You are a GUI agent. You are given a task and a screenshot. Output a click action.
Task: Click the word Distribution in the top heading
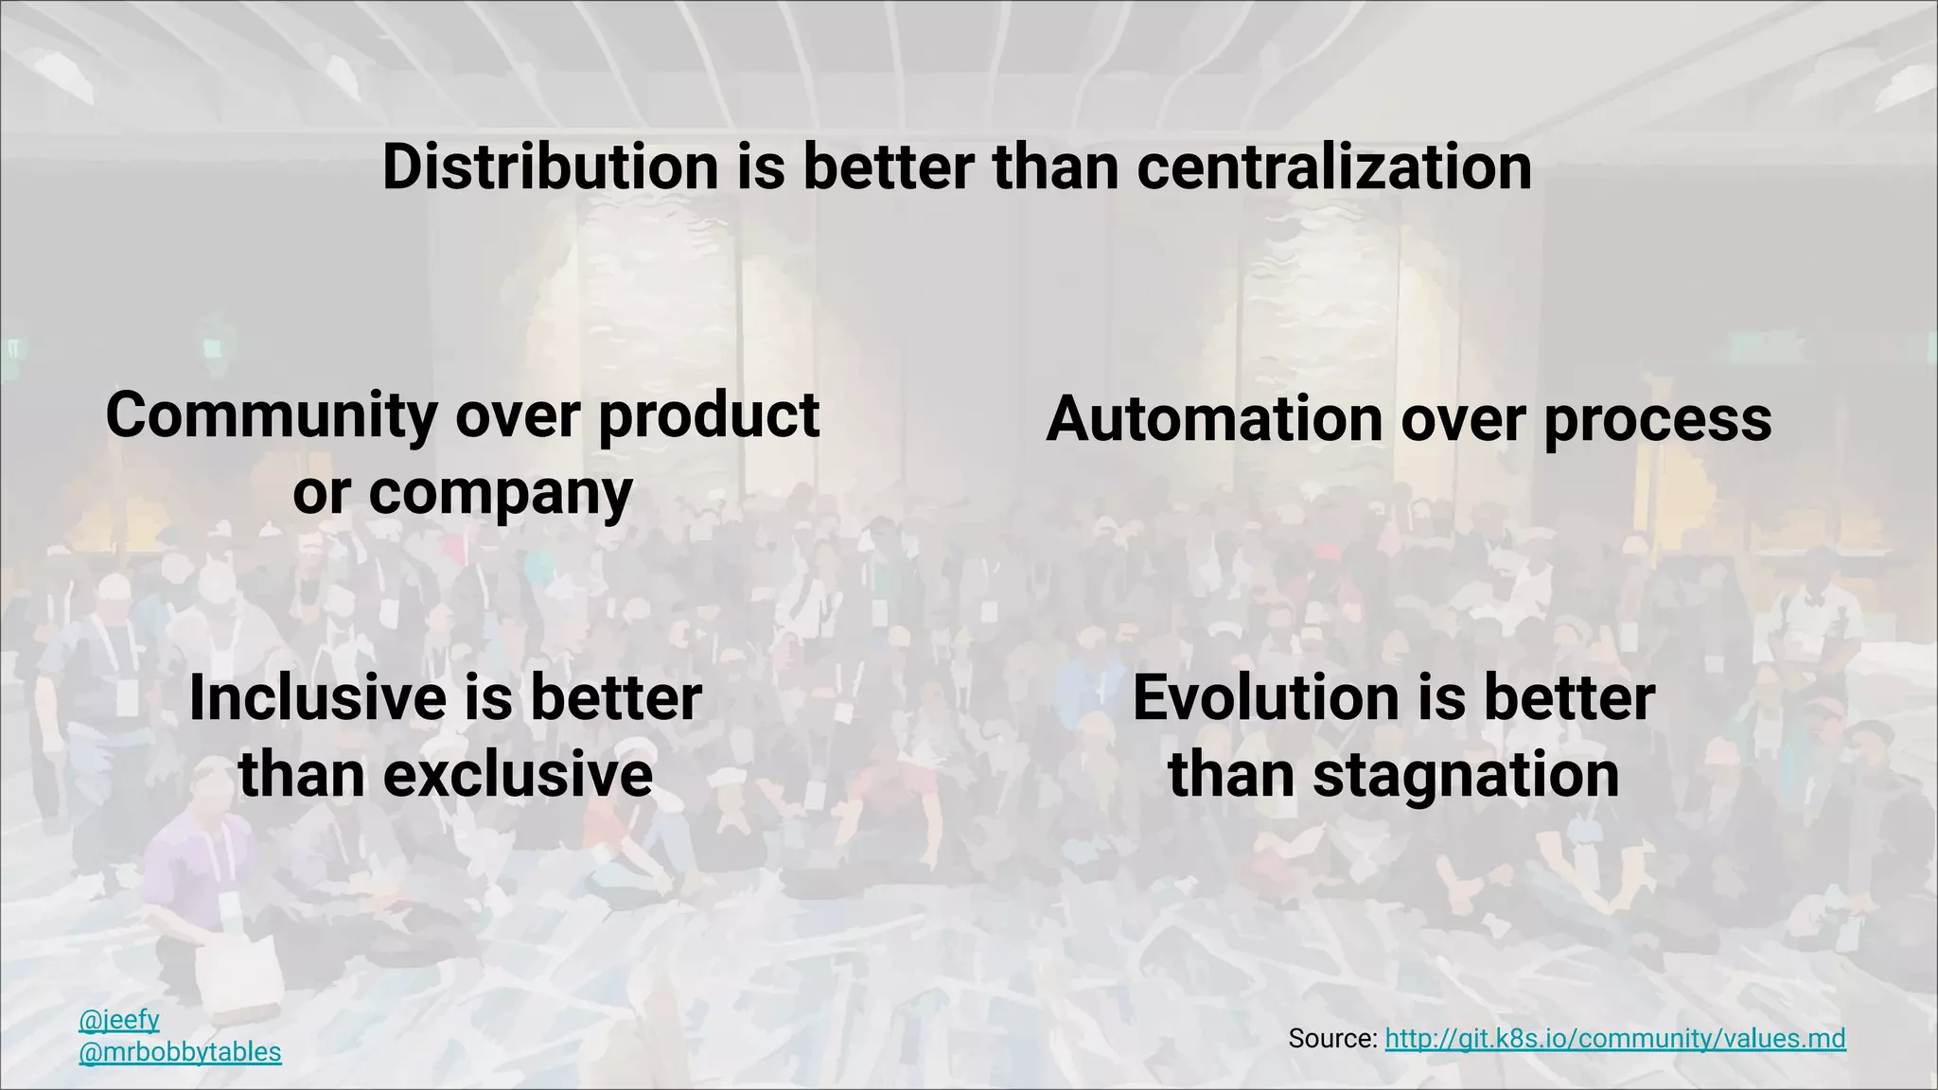(x=550, y=167)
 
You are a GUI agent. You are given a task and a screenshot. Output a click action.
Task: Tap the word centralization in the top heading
(x=1333, y=167)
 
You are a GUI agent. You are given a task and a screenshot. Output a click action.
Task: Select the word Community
(x=272, y=416)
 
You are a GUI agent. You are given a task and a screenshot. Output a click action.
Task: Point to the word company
(x=500, y=494)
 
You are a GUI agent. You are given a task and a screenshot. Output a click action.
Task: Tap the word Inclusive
(x=318, y=698)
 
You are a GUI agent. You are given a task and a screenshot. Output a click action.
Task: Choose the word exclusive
(x=518, y=775)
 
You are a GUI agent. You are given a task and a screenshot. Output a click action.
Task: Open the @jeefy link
(x=119, y=1020)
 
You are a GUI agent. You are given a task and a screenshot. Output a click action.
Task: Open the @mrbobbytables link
(x=180, y=1052)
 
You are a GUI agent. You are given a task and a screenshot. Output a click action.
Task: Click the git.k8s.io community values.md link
(x=1614, y=1039)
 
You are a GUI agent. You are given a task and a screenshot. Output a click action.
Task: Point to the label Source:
(x=1332, y=1039)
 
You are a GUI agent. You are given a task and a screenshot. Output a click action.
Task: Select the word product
(x=709, y=416)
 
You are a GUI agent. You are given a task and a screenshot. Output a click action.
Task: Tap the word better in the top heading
(x=888, y=167)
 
